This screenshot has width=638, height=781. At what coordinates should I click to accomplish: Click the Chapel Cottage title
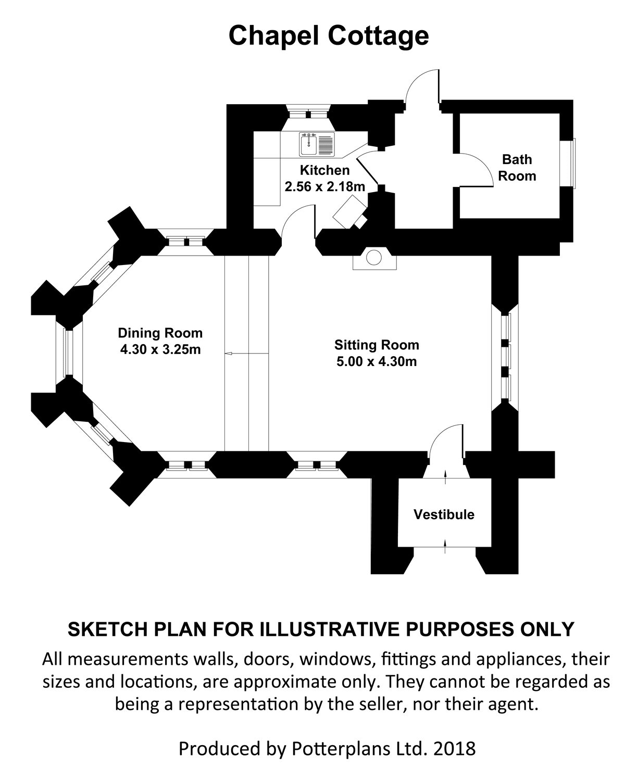[329, 36]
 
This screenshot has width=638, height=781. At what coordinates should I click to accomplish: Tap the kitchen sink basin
[309, 145]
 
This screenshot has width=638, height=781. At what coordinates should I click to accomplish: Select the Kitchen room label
[324, 170]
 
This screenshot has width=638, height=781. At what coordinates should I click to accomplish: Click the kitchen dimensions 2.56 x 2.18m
[325, 186]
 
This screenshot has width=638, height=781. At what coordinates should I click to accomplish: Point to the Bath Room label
[517, 167]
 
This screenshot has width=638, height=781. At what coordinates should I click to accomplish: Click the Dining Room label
[160, 333]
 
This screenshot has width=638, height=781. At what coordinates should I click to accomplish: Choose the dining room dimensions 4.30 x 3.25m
[160, 349]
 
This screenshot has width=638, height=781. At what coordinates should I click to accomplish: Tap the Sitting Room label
[377, 345]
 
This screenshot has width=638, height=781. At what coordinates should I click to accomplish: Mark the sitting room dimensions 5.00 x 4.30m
[377, 361]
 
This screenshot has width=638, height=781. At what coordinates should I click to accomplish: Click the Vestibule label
[444, 514]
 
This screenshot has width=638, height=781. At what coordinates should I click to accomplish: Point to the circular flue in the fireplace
[373, 257]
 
